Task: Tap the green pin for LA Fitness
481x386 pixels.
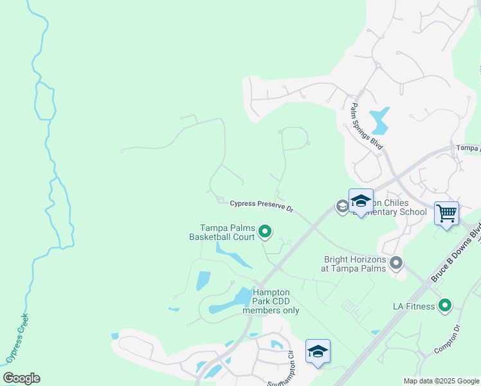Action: [x=445, y=306]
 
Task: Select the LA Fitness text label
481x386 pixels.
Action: [x=414, y=306]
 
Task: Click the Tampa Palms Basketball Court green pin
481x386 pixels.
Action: [x=265, y=231]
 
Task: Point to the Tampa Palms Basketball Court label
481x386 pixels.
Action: [x=227, y=232]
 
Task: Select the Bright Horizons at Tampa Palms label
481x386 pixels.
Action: [x=355, y=264]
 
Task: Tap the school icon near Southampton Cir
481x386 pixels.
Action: [x=318, y=351]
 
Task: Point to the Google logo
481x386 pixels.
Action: [x=21, y=378]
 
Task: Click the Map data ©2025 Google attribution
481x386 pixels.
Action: [x=441, y=381]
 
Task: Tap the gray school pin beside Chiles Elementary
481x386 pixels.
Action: [x=342, y=206]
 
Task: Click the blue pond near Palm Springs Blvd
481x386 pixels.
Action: [x=379, y=118]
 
